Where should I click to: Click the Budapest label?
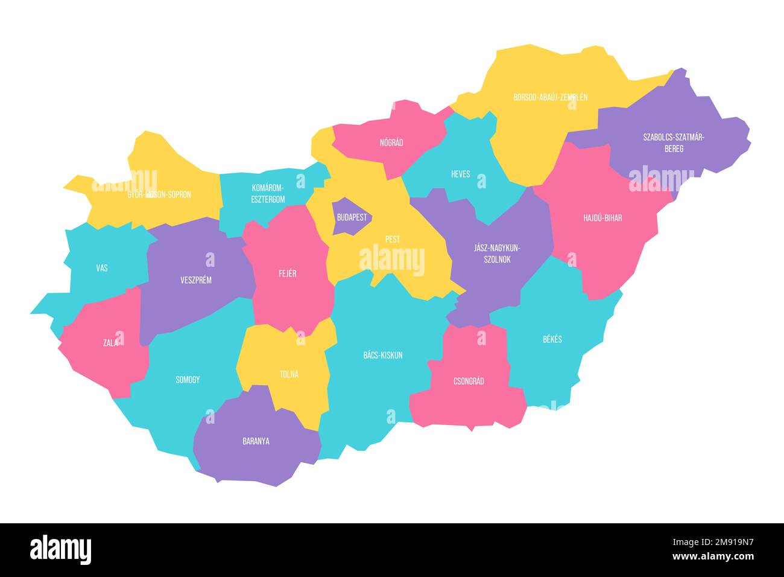[352, 217]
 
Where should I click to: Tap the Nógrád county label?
[391, 143]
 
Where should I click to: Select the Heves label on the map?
[460, 174]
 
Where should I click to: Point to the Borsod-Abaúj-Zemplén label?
[550, 97]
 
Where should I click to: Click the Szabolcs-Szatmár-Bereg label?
[674, 142]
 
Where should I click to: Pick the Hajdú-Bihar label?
[602, 218]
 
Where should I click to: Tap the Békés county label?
[552, 339]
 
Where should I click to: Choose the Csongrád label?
[469, 381]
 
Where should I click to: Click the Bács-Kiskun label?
[383, 355]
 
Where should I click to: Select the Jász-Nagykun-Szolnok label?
[498, 253]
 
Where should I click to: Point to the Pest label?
[393, 240]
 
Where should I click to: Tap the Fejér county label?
[287, 273]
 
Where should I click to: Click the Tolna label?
[289, 374]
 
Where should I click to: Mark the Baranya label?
[256, 441]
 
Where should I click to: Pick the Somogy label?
[188, 380]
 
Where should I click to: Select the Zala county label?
[110, 343]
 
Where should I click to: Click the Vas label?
[102, 267]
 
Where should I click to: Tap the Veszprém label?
[196, 280]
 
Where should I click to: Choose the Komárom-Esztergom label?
[268, 193]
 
